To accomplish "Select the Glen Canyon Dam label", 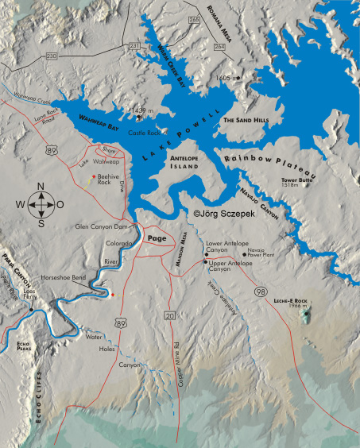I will click(102, 225).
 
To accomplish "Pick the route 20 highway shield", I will click(168, 316).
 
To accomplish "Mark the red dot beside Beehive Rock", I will click(93, 176).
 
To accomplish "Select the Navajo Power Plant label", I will click(262, 253).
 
